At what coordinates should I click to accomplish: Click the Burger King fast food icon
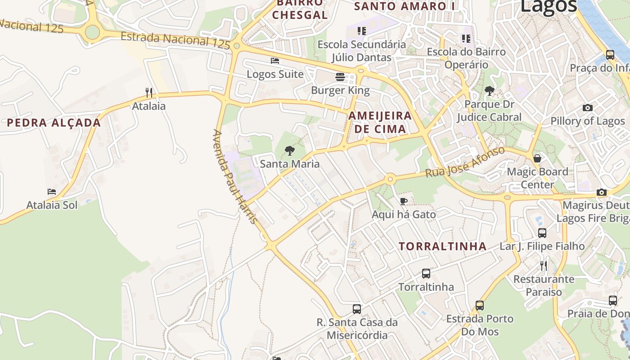tap(340, 77)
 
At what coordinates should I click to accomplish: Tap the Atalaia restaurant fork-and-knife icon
tap(149, 93)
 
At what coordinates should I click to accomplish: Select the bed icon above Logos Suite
tap(275, 61)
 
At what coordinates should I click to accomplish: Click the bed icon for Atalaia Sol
tap(52, 192)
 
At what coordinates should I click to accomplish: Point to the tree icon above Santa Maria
tap(290, 151)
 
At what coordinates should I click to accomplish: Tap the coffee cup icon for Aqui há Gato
tap(404, 201)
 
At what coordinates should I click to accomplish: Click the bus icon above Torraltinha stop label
tap(426, 274)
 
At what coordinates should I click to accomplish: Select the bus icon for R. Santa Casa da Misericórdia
tap(357, 309)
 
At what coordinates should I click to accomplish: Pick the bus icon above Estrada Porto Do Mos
tap(480, 306)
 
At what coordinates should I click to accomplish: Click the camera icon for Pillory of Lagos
tap(587, 108)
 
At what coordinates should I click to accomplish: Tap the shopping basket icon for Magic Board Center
tap(537, 158)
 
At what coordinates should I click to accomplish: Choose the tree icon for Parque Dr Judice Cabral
tap(489, 91)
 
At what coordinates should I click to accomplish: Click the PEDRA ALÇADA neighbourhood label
tap(54, 123)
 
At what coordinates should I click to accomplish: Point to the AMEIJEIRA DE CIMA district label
tap(380, 122)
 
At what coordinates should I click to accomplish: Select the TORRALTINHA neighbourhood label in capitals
tap(443, 246)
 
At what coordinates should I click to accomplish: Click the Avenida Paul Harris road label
tap(234, 177)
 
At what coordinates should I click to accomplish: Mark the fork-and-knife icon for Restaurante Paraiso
tap(544, 266)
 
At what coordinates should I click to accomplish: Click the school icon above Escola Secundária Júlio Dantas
tap(361, 31)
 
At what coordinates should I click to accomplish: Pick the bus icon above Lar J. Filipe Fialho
tap(542, 233)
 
